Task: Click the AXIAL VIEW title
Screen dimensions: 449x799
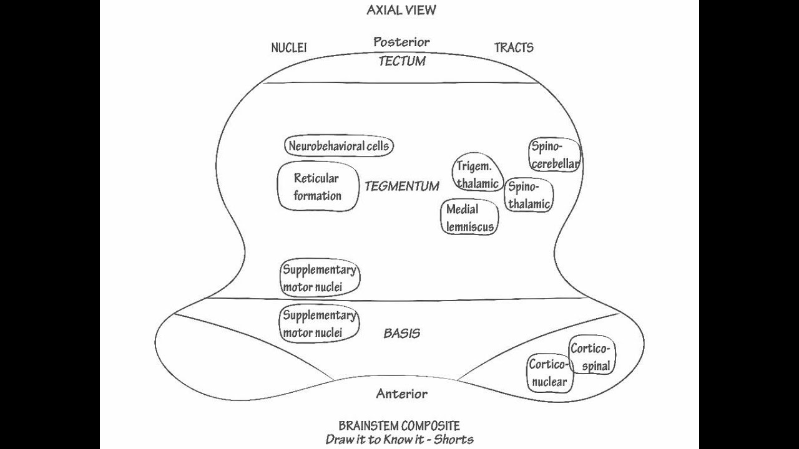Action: (401, 10)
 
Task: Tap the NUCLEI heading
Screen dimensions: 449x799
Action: (289, 48)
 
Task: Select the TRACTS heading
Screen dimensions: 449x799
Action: (514, 47)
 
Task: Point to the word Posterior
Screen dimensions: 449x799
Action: (401, 42)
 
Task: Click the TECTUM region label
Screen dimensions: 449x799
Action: (401, 61)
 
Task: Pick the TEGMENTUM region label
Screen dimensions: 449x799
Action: (401, 186)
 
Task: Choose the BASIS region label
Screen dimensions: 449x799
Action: (401, 333)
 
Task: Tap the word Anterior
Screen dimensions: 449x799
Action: (401, 393)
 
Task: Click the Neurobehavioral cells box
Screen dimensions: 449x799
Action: (338, 147)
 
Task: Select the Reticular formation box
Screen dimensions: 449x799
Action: (318, 186)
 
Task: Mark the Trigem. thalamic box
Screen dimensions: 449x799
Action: (478, 174)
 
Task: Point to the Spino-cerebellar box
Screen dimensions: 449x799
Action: (555, 155)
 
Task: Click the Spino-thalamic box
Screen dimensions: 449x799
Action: (529, 195)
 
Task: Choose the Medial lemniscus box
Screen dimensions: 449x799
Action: (470, 218)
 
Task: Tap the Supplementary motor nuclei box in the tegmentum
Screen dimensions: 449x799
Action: (320, 278)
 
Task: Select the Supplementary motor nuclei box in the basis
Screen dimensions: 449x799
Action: (319, 324)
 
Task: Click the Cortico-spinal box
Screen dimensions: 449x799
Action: (591, 357)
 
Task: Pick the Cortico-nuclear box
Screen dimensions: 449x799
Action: (549, 373)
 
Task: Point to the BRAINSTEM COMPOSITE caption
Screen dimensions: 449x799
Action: (399, 426)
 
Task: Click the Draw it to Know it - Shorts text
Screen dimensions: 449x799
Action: (399, 439)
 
